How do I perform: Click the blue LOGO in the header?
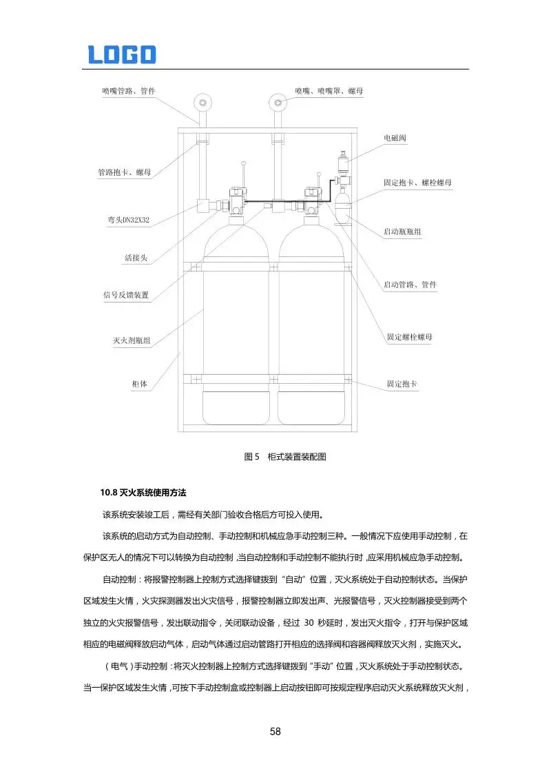(x=122, y=54)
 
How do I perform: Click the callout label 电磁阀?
(x=395, y=138)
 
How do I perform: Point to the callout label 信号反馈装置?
(x=126, y=296)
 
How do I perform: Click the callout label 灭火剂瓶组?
(x=132, y=340)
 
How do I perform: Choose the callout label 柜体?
(x=140, y=384)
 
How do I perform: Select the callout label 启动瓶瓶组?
(x=402, y=232)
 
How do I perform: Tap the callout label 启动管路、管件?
(x=410, y=285)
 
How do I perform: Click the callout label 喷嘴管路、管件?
(x=128, y=91)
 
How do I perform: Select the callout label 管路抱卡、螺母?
(x=124, y=172)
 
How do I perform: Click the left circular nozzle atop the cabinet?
(x=202, y=103)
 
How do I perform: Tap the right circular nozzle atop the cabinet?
(x=278, y=103)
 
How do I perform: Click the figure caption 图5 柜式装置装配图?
(x=284, y=456)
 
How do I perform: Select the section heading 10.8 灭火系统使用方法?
(x=143, y=493)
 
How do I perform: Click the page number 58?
(x=275, y=731)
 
